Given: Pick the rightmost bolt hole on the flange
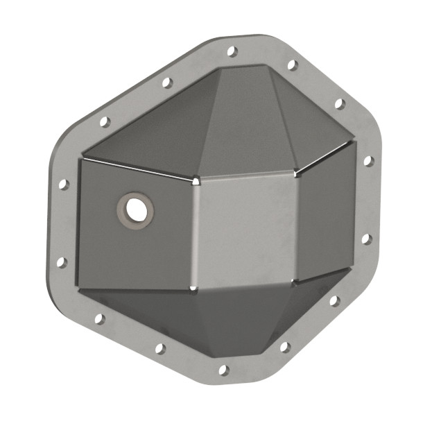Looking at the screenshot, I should pos(368,161).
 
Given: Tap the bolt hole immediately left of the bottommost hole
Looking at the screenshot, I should pos(160,349).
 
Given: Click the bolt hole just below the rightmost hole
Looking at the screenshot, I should pos(367,239).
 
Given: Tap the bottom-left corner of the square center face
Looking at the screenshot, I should pos(192,287).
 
